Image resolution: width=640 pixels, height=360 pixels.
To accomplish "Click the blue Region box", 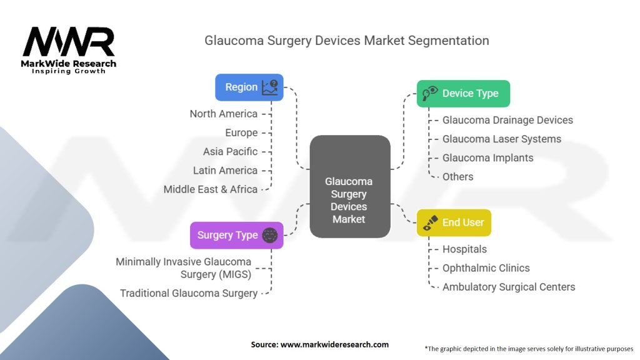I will coord(249,87).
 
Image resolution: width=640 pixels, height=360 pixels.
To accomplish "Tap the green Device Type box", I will coord(463,94).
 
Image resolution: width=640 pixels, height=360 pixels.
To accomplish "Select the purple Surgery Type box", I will coord(236,236).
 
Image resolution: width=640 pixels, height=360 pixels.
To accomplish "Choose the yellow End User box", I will coord(454,223).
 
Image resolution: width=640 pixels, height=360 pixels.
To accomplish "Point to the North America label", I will coord(224,114).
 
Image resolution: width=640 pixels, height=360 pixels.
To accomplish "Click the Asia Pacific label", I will coord(230,151).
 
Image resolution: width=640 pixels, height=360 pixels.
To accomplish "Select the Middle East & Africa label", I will coord(211,189).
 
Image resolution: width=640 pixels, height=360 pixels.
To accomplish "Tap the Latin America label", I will coord(226,170).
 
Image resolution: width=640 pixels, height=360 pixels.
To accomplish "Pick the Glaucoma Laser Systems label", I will coord(502,139).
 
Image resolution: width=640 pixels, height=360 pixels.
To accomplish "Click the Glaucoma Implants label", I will coord(487,157).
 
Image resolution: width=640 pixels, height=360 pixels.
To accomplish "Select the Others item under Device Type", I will coord(457,176).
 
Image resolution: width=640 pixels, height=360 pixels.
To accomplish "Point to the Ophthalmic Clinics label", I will coord(486,267).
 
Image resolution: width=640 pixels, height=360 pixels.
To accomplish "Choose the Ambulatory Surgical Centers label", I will coord(509,287).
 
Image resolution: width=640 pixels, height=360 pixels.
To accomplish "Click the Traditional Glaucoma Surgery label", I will coord(189,293).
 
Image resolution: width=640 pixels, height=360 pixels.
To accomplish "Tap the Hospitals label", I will coord(464,249).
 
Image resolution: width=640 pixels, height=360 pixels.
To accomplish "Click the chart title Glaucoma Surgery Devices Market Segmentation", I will coord(347,41).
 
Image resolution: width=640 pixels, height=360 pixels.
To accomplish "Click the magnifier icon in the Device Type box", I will coord(429,94).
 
